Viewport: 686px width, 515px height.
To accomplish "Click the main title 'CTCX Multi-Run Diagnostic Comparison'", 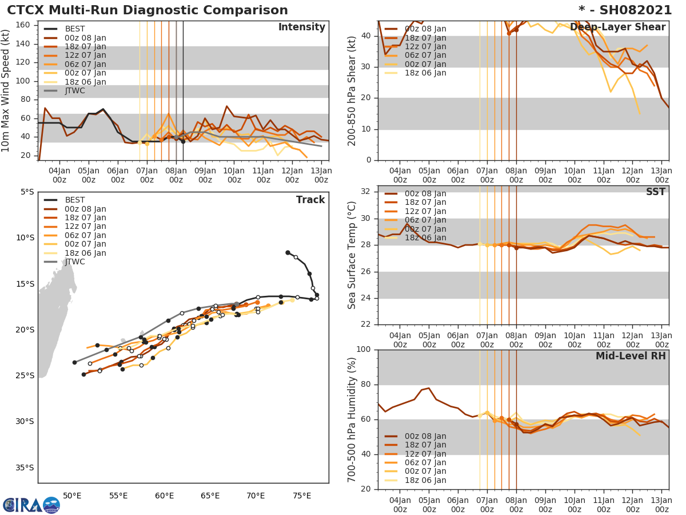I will tap(147, 10).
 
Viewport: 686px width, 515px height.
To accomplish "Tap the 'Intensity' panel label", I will tap(301, 27).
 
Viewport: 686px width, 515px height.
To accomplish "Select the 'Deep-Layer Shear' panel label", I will tap(617, 27).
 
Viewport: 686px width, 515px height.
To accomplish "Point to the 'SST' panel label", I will tap(655, 192).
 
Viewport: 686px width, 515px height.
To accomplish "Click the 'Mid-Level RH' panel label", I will tap(631, 356).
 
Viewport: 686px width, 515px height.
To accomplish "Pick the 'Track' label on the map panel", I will tap(310, 200).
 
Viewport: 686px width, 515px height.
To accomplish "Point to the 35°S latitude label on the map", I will tap(24, 468).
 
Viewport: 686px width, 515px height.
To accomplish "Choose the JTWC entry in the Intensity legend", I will tap(75, 91).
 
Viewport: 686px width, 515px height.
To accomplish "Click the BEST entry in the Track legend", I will tap(75, 200).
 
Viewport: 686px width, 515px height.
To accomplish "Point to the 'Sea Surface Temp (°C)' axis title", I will tap(353, 255).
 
